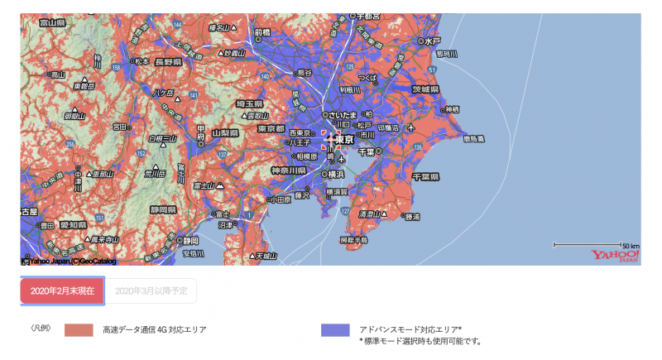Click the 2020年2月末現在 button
63,290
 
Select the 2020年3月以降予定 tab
151,290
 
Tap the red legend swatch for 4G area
79,329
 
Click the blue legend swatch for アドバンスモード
333,329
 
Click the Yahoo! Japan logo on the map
616,255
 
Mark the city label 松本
142,60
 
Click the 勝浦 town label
411,217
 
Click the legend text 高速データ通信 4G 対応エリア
155,329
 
